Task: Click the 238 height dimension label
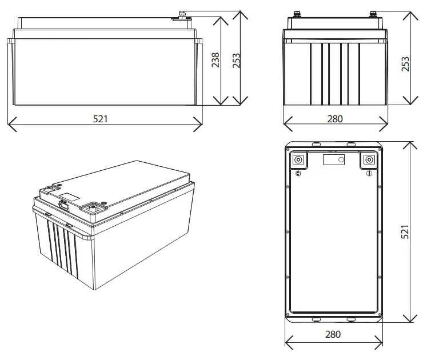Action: click(x=216, y=61)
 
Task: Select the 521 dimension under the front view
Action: click(x=100, y=119)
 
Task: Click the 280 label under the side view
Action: click(x=334, y=119)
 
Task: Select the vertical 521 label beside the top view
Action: click(x=406, y=232)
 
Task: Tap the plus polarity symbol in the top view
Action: click(x=298, y=173)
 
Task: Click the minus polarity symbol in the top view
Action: click(x=369, y=173)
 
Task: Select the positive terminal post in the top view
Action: click(x=298, y=160)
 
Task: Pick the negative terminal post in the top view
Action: click(x=369, y=160)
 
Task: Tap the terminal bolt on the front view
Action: click(x=183, y=14)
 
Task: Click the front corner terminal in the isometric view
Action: click(x=93, y=209)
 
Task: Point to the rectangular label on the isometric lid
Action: click(x=69, y=196)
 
